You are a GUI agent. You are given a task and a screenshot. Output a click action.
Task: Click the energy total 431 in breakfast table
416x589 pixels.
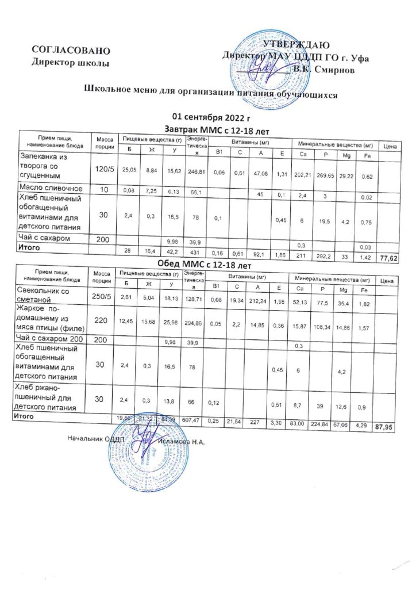tap(195, 253)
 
